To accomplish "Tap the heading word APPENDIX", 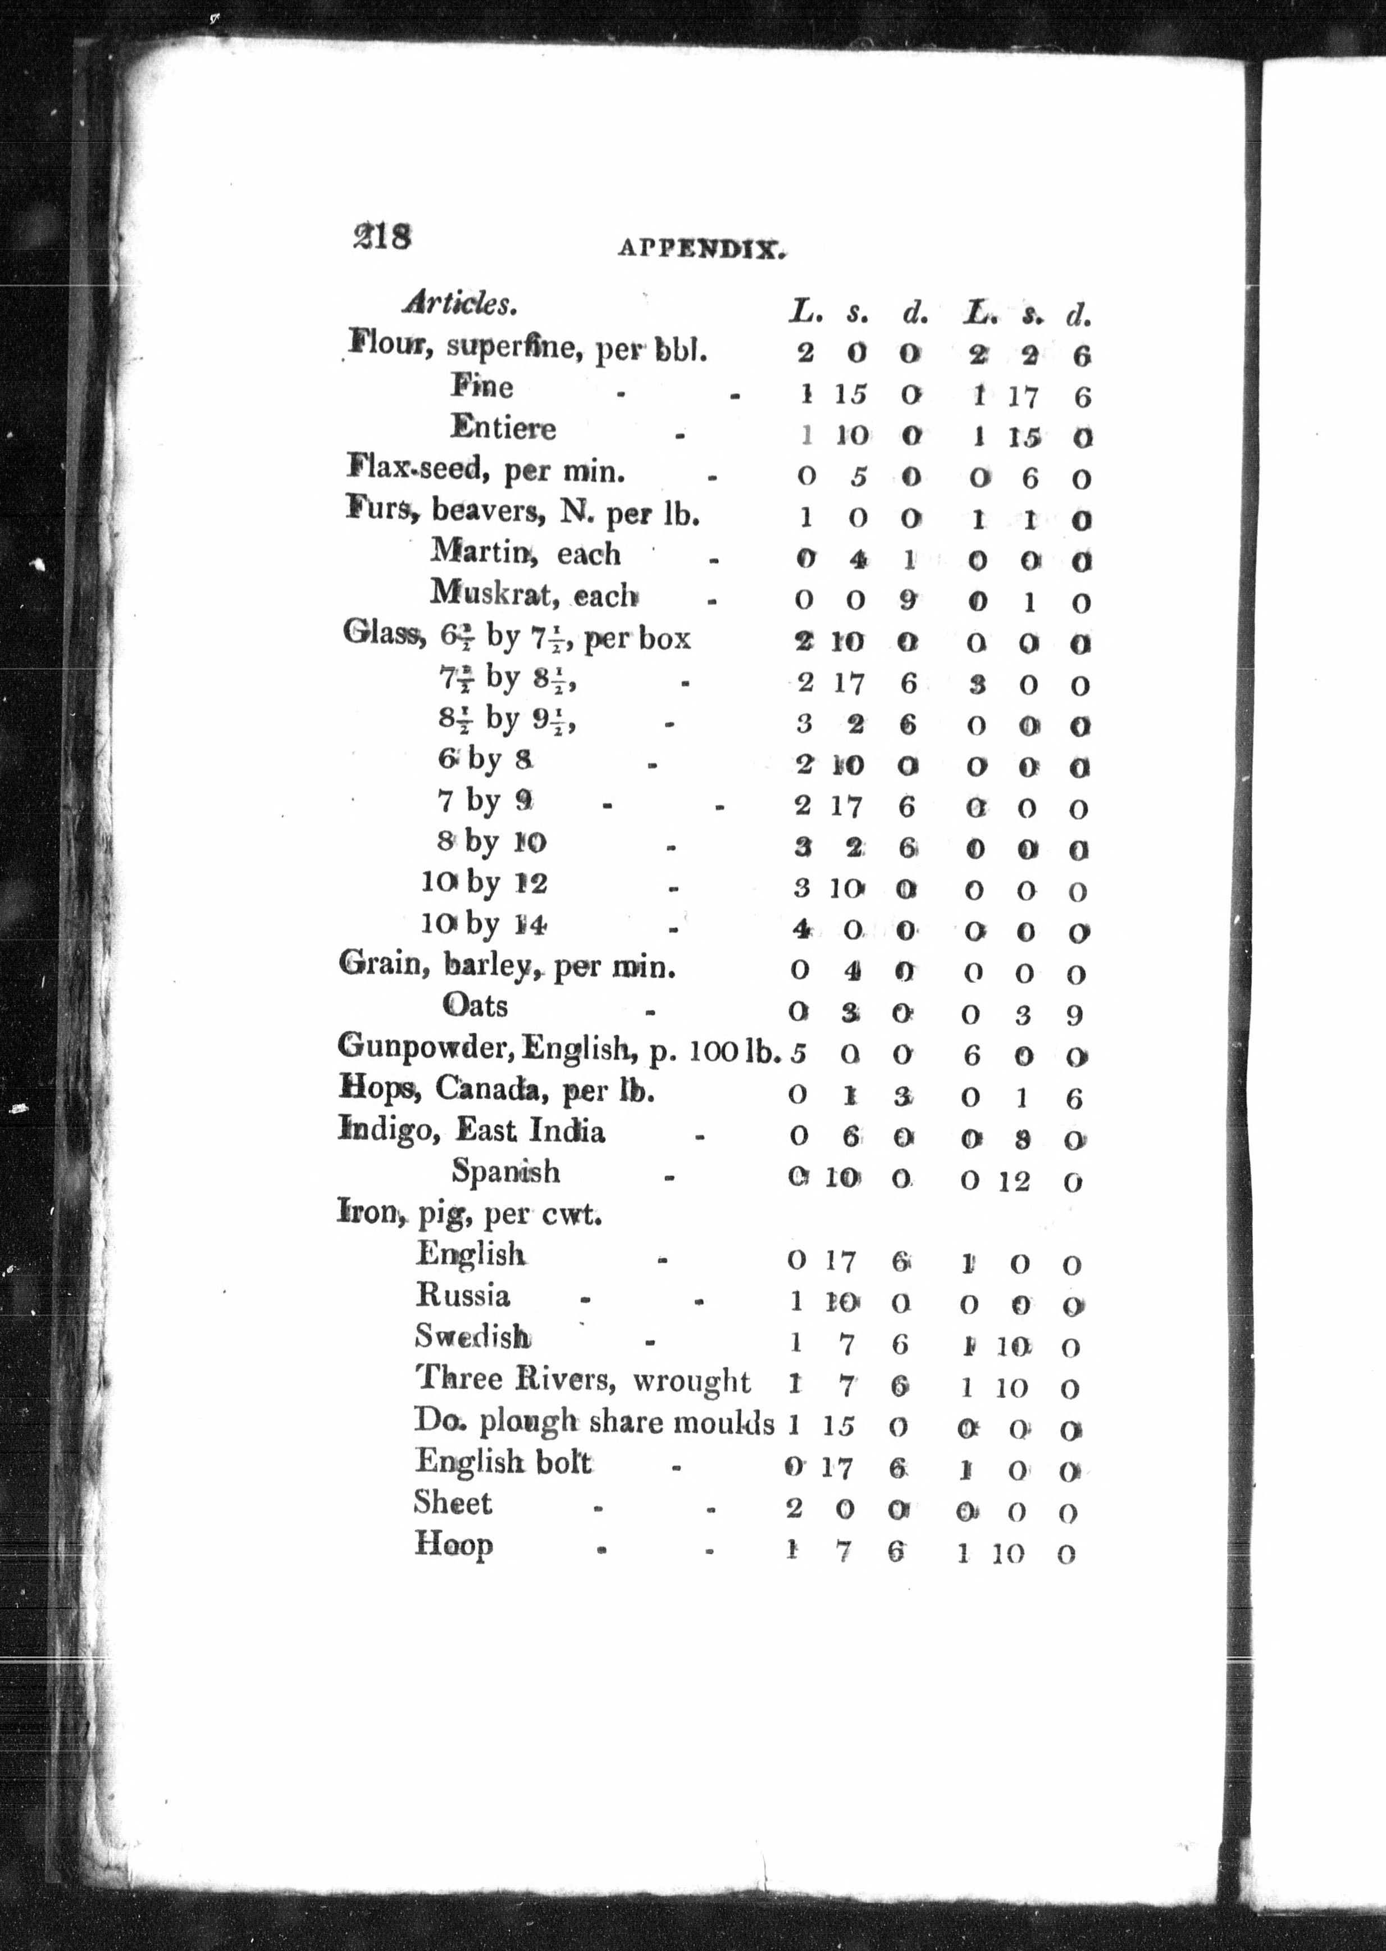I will tap(701, 249).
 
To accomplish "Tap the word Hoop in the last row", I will tap(453, 1544).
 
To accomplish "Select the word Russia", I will tap(463, 1295).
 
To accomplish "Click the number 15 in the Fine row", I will tap(850, 393).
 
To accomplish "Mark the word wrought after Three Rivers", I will tap(691, 1381).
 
